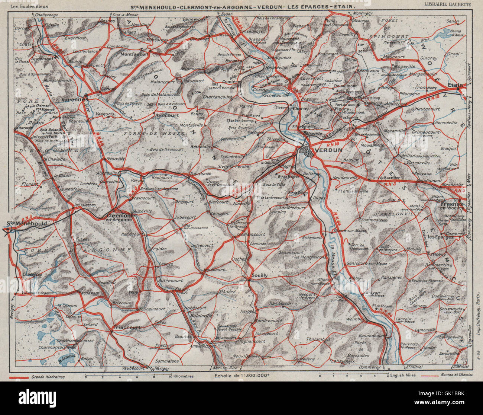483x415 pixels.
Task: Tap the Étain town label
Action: click(456, 85)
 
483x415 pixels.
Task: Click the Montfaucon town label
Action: click(134, 54)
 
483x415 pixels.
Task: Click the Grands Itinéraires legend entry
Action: click(48, 377)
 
